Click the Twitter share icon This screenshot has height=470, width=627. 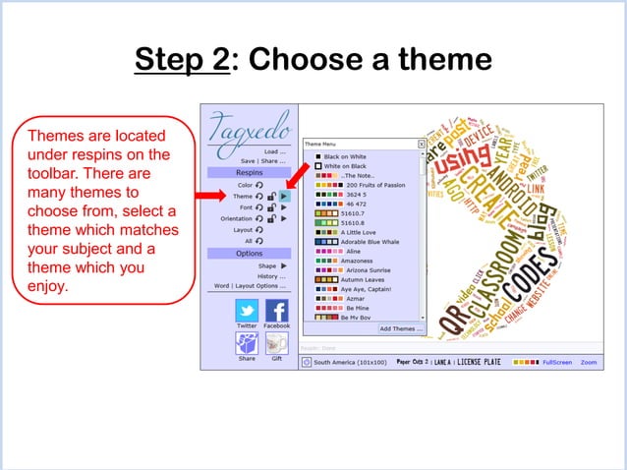tap(247, 312)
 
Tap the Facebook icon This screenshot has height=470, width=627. tap(276, 312)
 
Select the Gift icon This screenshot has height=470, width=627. tap(276, 343)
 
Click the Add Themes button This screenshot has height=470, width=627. tap(401, 328)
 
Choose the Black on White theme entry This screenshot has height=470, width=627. tap(344, 156)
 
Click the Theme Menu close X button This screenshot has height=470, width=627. tap(422, 144)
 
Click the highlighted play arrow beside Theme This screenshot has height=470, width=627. tap(284, 196)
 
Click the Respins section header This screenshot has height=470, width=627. tap(249, 171)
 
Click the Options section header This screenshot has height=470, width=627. tap(249, 253)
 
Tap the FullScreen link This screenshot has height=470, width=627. tap(556, 363)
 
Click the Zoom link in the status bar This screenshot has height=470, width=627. tap(588, 363)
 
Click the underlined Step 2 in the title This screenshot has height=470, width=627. tap(182, 59)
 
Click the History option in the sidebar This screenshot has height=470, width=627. tap(270, 276)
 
